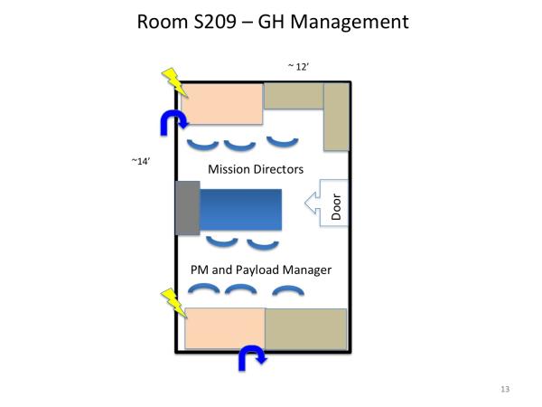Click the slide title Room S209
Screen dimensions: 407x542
(271, 20)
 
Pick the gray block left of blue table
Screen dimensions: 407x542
(187, 208)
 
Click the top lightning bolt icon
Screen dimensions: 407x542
(173, 82)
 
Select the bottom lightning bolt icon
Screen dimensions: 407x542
(173, 303)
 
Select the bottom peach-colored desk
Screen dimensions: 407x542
(224, 328)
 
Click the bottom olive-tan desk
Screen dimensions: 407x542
(305, 328)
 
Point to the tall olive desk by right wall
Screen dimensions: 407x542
(336, 118)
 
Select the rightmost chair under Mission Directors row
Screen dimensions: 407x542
(283, 140)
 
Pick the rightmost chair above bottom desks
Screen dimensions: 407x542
(288, 291)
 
